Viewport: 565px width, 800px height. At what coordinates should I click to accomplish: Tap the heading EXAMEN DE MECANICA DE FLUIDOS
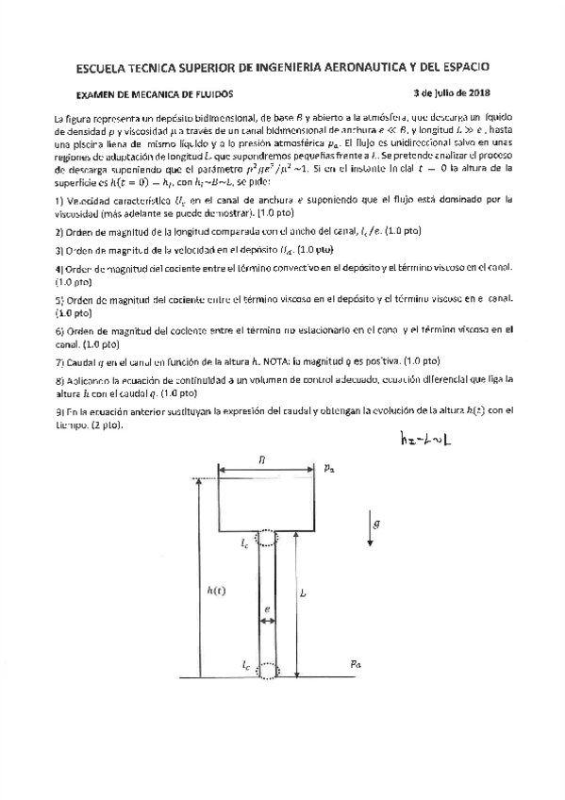pos(154,93)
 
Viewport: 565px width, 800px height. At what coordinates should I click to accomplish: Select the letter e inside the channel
pos(267,609)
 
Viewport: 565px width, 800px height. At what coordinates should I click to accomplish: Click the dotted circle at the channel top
pos(267,539)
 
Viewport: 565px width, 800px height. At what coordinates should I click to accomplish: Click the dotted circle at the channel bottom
pos(267,669)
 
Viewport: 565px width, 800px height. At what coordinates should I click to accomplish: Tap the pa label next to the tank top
pos(327,467)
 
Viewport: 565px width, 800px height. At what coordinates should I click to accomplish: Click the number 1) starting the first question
pos(58,200)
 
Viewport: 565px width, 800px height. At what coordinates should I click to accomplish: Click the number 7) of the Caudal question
pos(58,360)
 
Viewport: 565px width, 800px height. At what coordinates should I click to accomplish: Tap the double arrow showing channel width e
pos(267,622)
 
